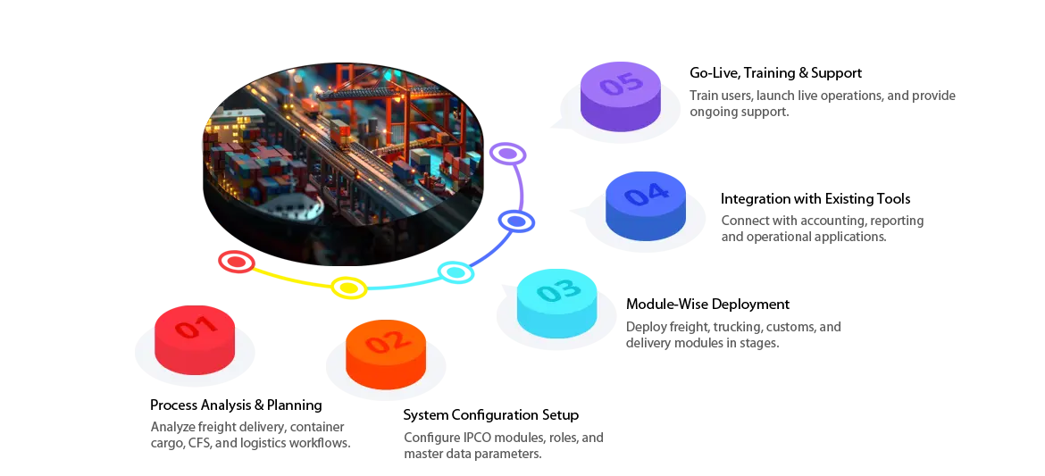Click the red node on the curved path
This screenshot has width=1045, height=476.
237,262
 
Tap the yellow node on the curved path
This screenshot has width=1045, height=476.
348,288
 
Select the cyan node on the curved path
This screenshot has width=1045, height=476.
456,271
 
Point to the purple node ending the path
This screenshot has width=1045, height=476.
507,154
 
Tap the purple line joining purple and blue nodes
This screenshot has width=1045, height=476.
519,187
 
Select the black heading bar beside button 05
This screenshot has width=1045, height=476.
774,71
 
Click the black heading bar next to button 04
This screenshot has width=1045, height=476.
817,200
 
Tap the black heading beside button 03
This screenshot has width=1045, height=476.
706,306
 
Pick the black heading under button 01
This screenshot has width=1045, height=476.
235,405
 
